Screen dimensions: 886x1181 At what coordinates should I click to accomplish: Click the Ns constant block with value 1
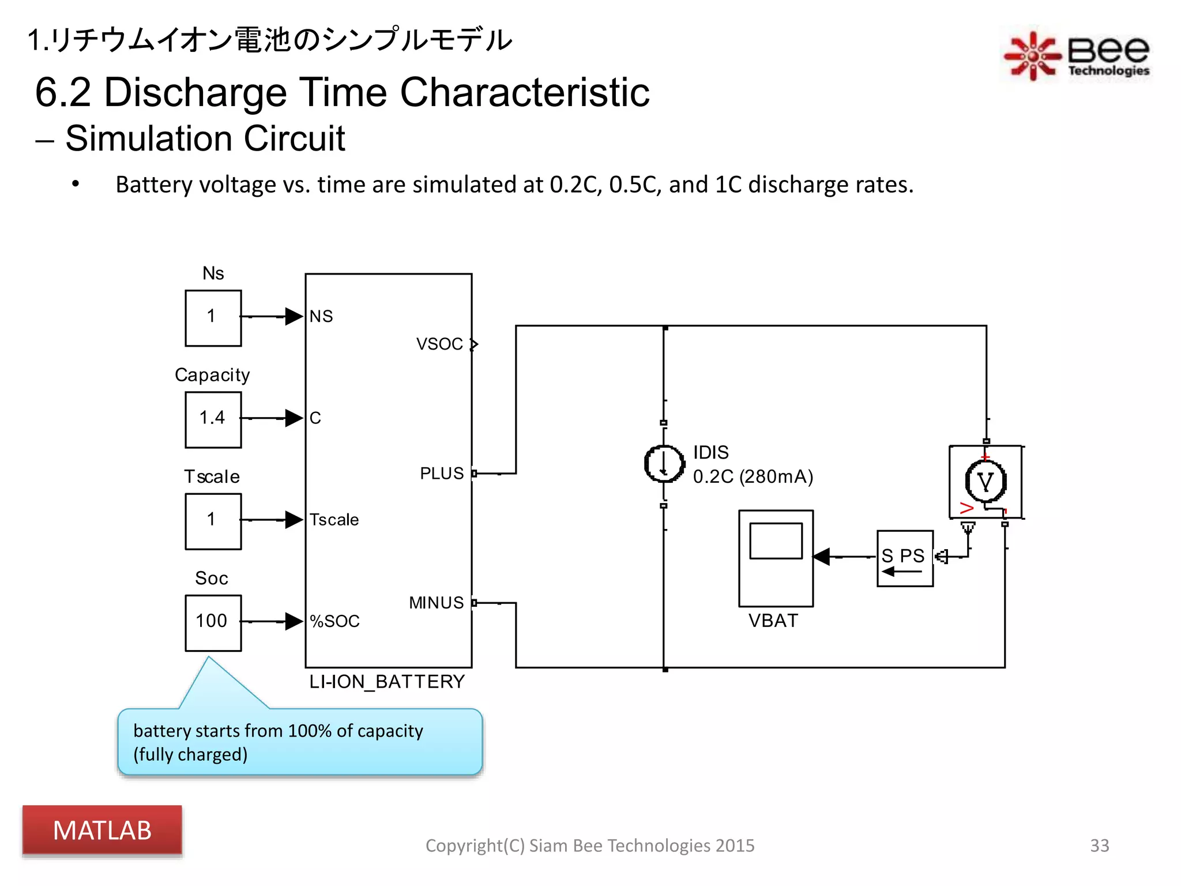point(213,318)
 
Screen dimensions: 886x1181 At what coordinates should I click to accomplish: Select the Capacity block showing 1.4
point(213,419)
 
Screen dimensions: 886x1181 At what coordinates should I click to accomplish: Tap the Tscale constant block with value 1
point(213,521)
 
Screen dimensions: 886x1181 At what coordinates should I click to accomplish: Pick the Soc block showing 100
point(213,622)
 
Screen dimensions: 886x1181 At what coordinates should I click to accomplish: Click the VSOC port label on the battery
point(439,344)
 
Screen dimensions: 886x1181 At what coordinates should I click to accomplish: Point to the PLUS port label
point(442,474)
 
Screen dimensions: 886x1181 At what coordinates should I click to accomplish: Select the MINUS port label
point(436,603)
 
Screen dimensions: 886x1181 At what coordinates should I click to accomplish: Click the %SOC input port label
point(334,621)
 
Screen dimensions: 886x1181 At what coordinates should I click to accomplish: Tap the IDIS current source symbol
point(664,464)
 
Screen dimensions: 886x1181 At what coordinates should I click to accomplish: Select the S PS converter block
point(904,558)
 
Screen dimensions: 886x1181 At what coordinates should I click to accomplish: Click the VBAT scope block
point(776,558)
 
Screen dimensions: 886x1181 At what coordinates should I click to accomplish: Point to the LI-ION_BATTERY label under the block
point(387,682)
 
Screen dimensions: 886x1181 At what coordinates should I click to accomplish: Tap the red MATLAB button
point(102,831)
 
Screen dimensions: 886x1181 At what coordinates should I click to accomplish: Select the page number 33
point(1099,846)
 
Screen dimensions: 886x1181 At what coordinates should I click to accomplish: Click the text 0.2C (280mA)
point(753,477)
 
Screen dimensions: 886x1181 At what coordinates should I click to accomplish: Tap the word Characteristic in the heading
point(524,92)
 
